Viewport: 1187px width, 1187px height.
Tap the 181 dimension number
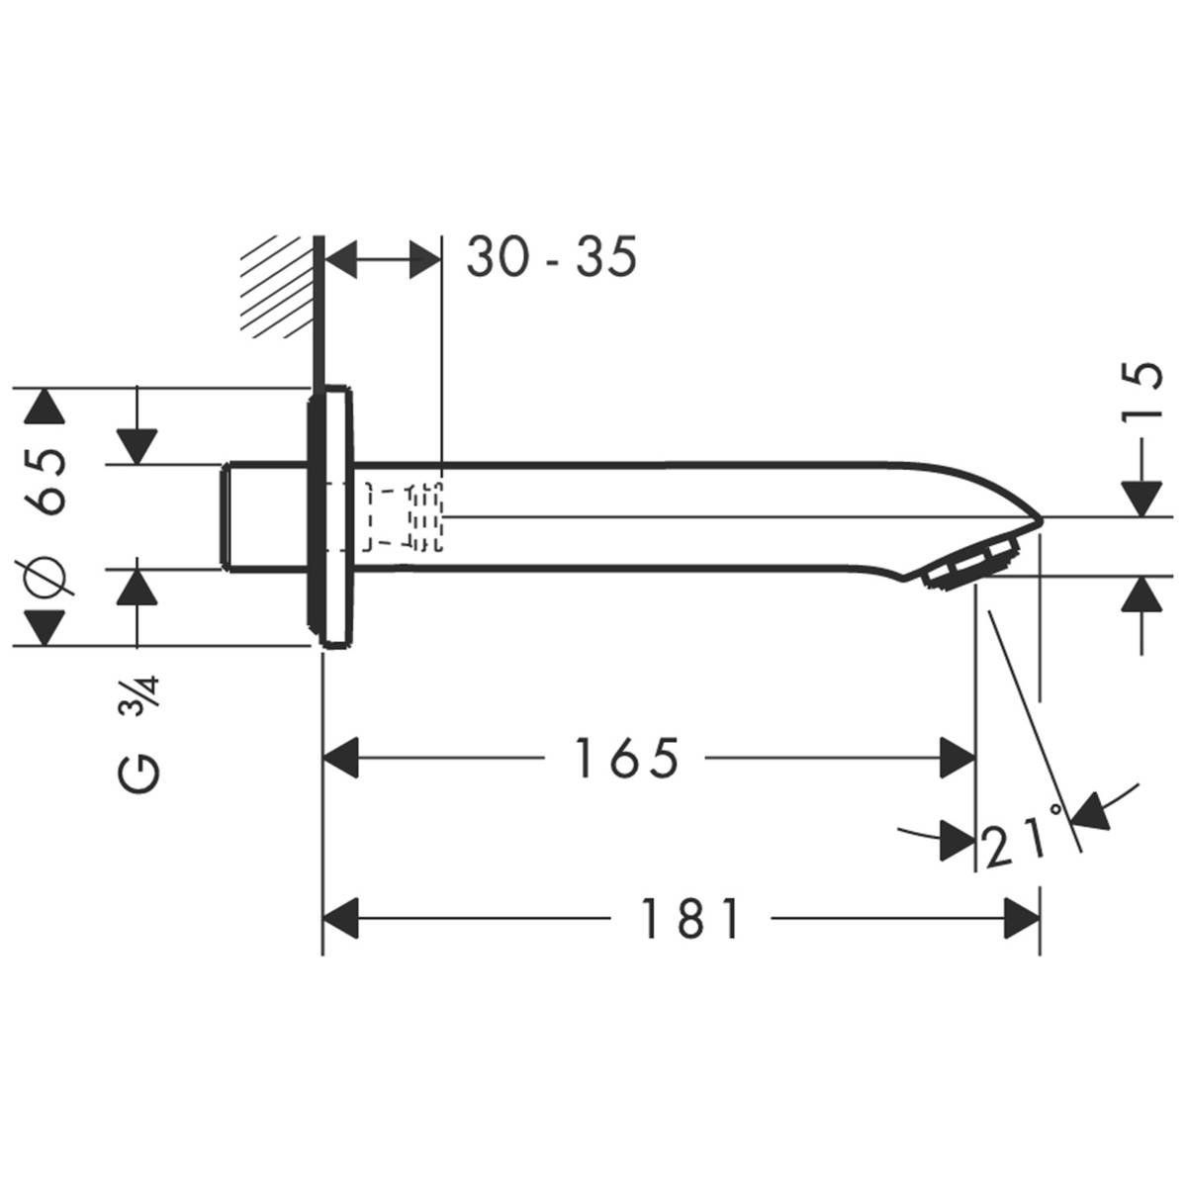click(691, 920)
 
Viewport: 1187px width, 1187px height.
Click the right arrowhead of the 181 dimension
click(1022, 920)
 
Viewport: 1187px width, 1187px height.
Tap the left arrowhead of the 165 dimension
click(341, 759)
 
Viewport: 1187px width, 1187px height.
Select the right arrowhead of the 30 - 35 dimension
click(422, 260)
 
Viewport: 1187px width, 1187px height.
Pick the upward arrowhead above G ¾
click(137, 588)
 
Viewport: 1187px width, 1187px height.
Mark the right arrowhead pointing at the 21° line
click(1089, 808)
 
